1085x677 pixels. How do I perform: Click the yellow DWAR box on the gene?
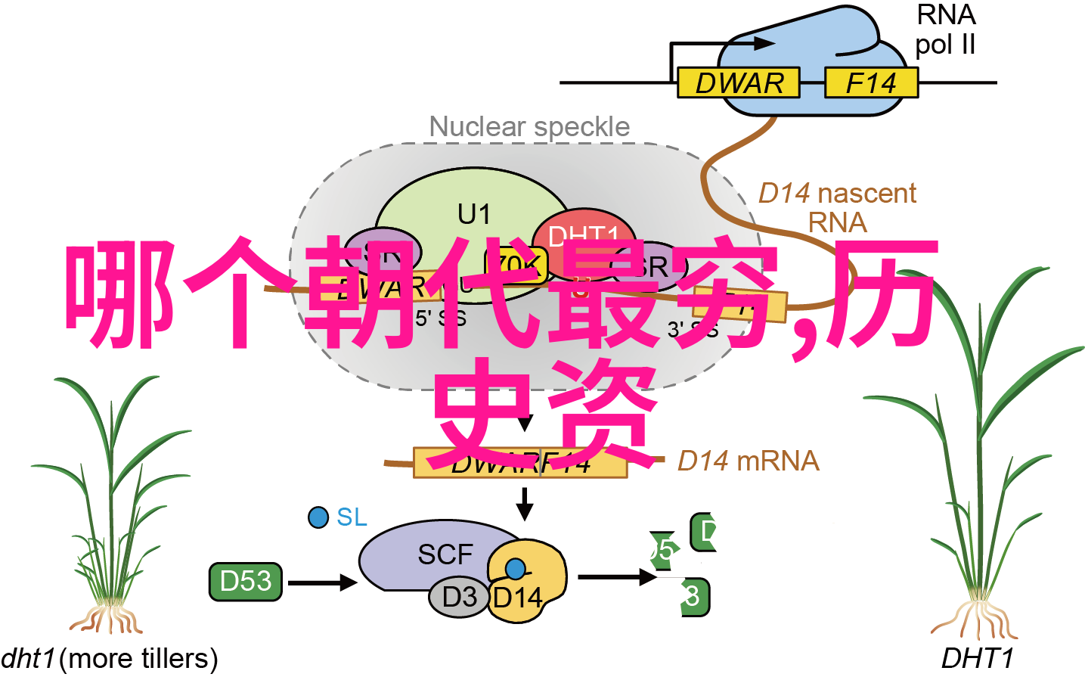(737, 82)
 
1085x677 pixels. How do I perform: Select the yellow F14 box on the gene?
(870, 82)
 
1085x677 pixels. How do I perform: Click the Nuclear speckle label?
(529, 126)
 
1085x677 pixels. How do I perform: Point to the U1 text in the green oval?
(474, 214)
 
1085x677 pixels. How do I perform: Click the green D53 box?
(245, 581)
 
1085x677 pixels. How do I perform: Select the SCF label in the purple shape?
(445, 554)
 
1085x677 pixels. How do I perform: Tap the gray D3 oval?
(459, 597)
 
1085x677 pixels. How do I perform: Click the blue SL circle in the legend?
(318, 517)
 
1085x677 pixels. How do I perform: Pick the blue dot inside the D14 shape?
(516, 569)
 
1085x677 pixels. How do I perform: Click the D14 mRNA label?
(748, 461)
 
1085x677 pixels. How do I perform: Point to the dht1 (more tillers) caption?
(109, 659)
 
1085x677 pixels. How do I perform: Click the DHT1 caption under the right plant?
(977, 659)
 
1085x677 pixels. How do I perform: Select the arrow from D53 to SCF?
(322, 582)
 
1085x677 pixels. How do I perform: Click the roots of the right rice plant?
(975, 619)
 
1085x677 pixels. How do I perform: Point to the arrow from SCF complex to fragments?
(616, 577)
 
